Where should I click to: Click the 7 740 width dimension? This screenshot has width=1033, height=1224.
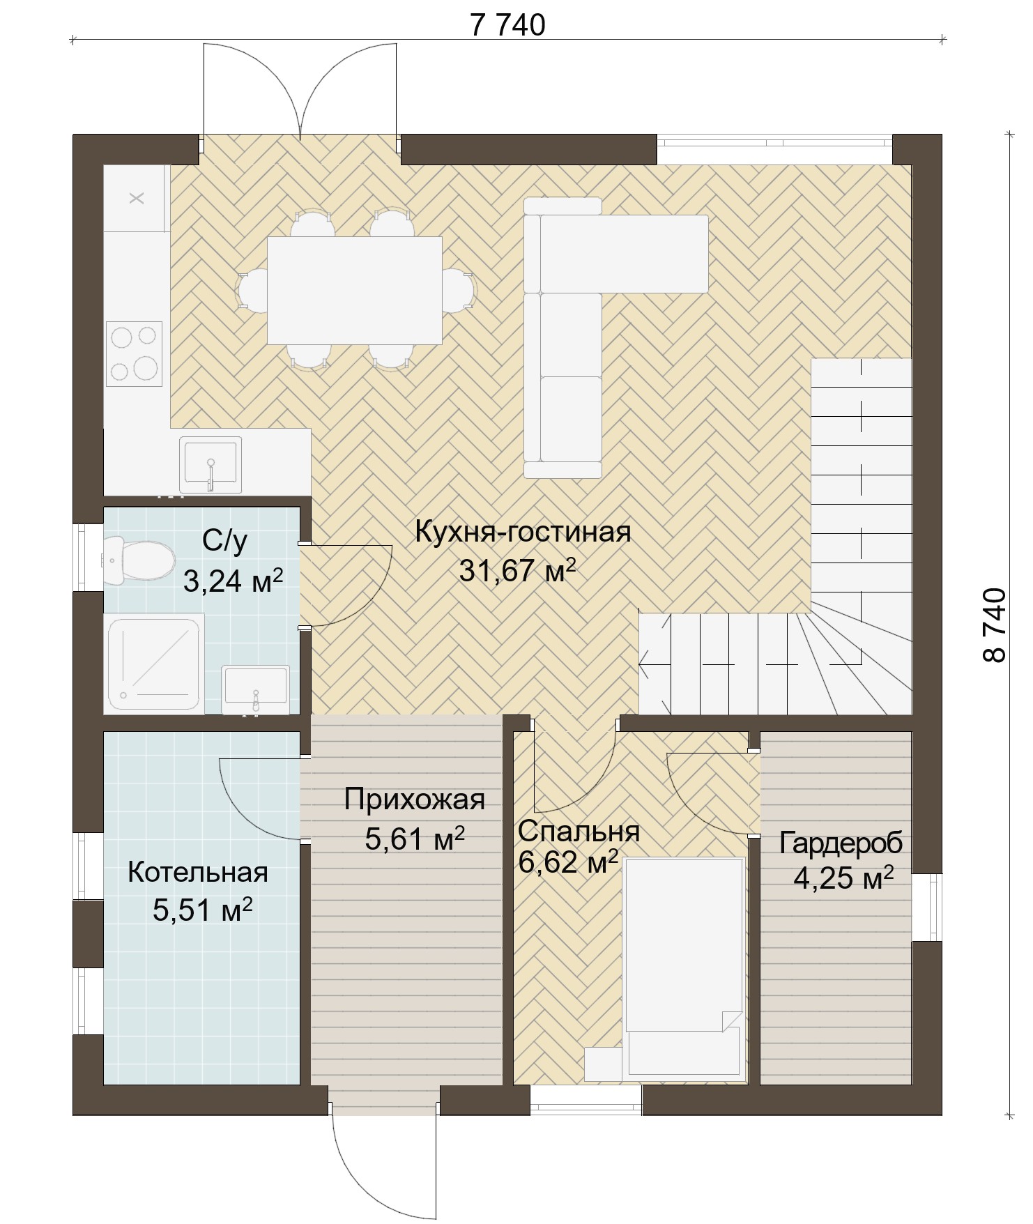(507, 25)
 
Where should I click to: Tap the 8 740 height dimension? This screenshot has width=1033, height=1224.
(995, 625)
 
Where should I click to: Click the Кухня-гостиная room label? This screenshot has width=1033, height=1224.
(523, 532)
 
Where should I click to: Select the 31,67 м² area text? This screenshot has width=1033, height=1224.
(517, 571)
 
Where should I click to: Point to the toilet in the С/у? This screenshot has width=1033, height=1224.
(138, 560)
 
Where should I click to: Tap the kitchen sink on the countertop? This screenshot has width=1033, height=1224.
(211, 464)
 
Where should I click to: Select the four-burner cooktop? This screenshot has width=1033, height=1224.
(134, 353)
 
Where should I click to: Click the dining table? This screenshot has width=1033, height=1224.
(355, 290)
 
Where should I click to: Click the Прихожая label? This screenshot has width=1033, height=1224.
(414, 800)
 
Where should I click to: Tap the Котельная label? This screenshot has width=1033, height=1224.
(198, 872)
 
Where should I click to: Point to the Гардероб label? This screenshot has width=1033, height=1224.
(841, 843)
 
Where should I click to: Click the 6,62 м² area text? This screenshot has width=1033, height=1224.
(569, 862)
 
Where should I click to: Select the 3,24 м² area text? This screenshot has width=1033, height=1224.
(233, 580)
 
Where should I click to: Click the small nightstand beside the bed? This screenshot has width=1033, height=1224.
(602, 1064)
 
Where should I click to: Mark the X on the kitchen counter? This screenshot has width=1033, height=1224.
(137, 198)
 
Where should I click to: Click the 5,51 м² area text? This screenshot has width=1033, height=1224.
(202, 910)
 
